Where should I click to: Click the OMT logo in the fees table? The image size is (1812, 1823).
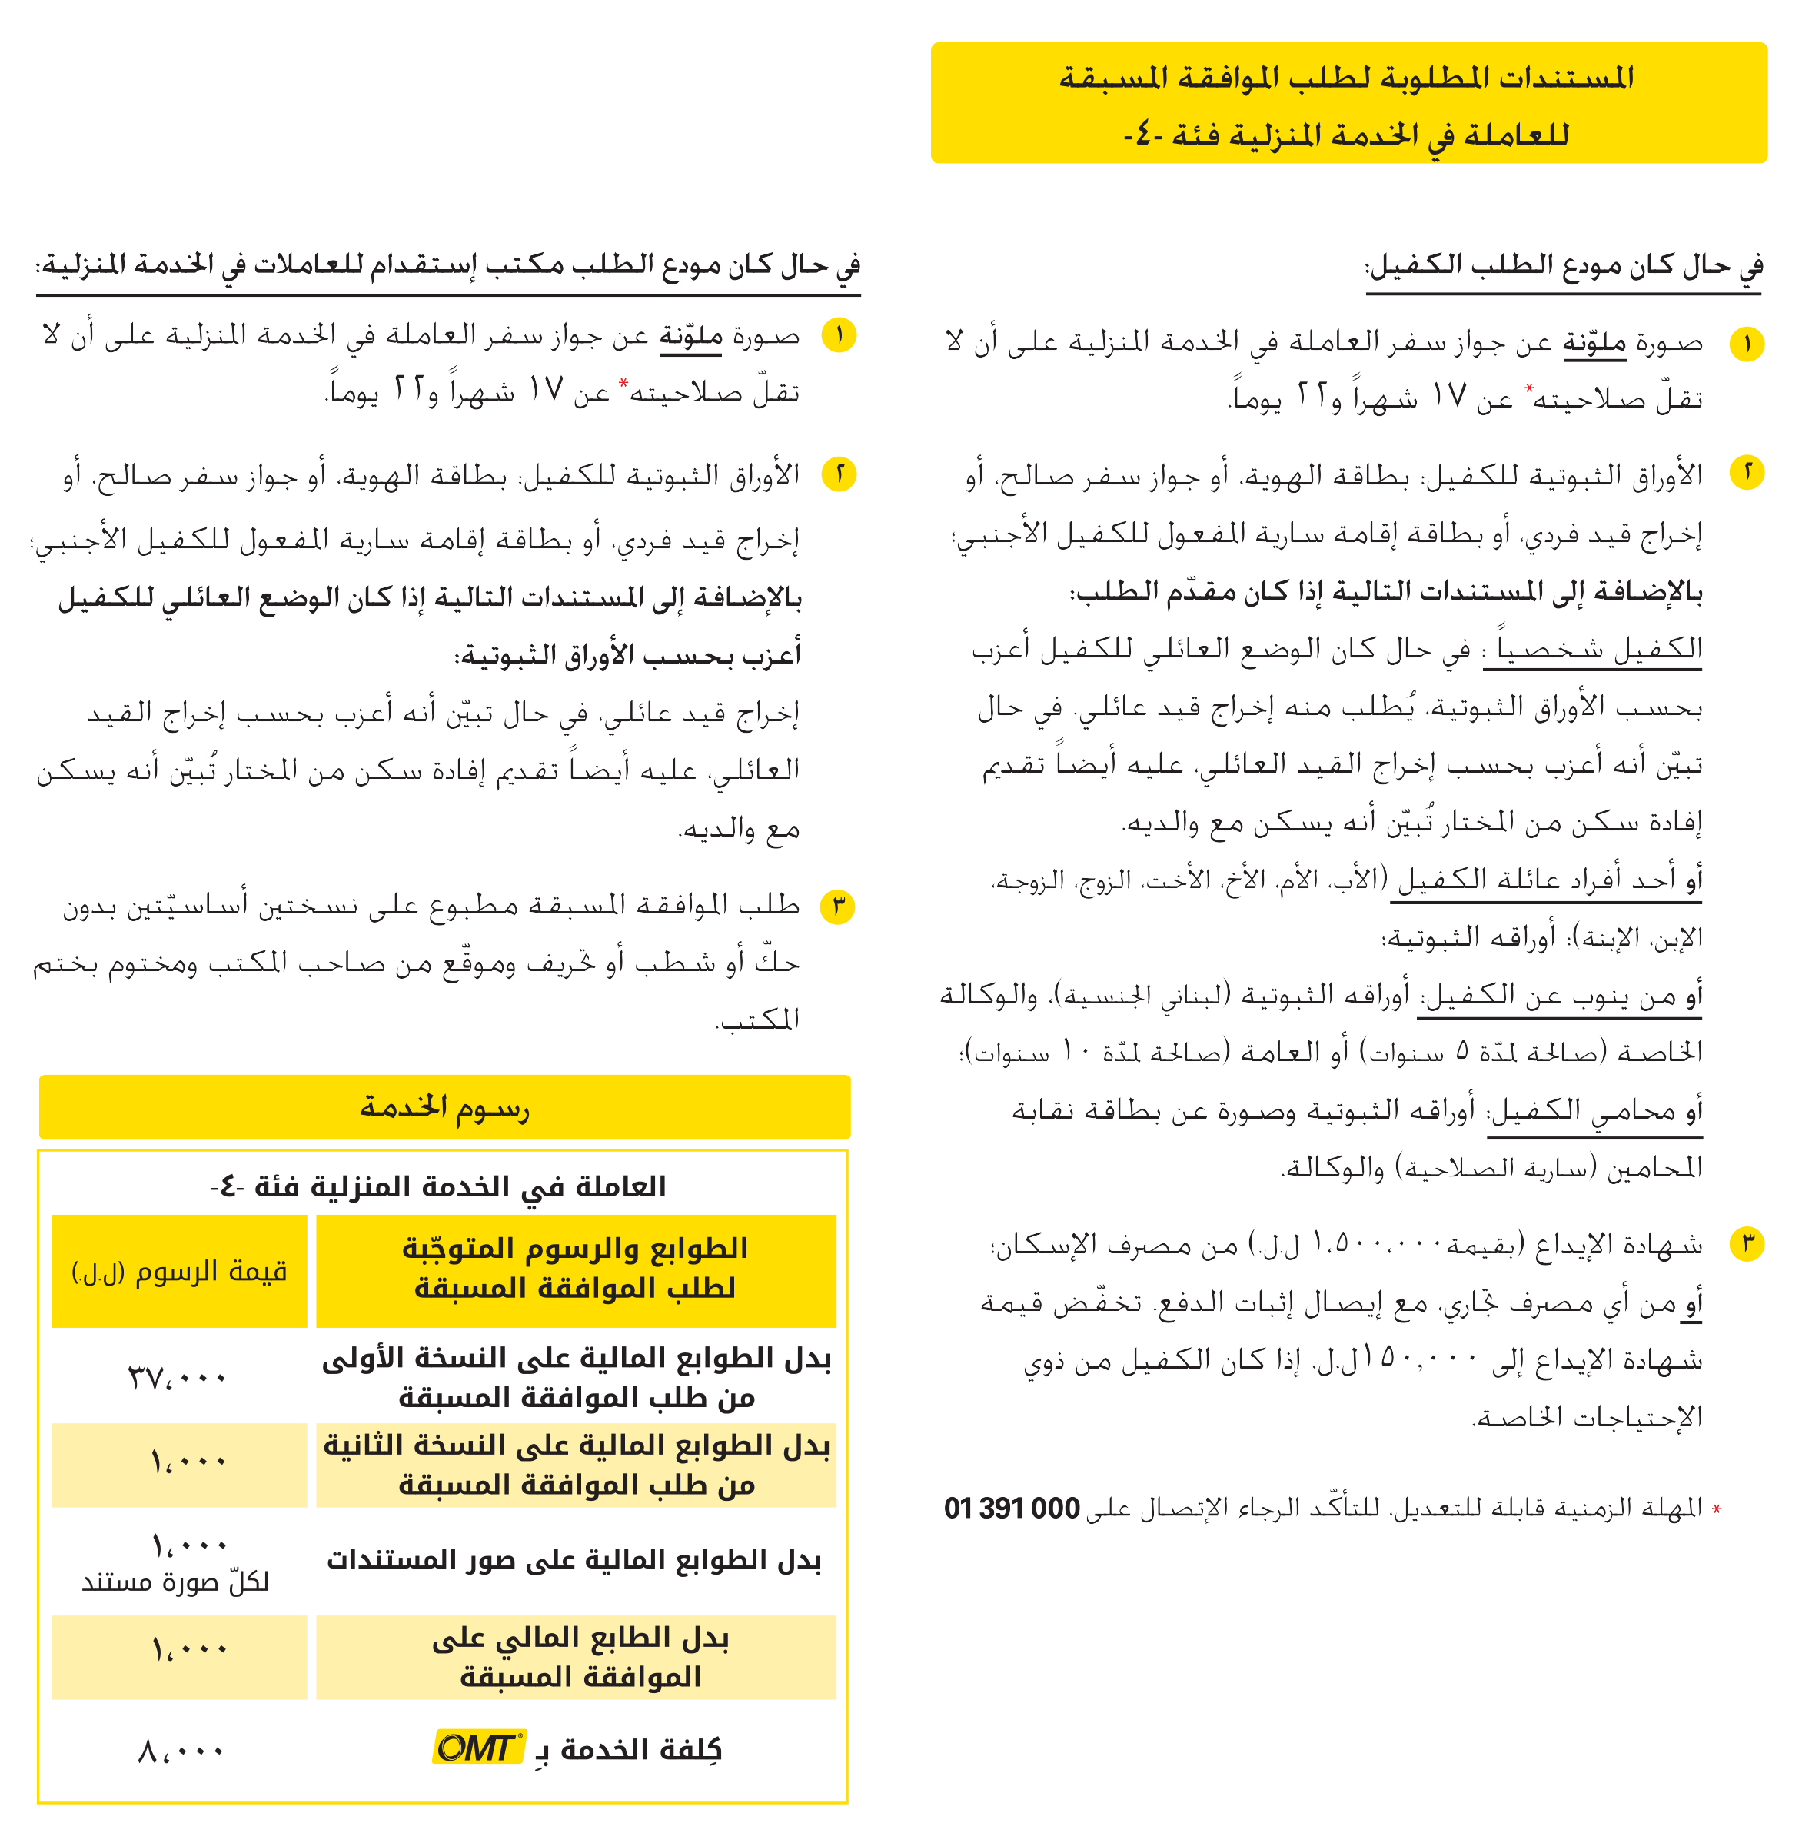478,1747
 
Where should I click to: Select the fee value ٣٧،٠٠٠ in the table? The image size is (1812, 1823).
178,1378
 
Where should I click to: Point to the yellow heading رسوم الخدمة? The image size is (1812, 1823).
444,1107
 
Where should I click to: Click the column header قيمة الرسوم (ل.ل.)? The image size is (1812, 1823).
179,1272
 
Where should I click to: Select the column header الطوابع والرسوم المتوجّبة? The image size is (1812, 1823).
575,1267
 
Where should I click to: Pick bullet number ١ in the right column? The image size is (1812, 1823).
1747,344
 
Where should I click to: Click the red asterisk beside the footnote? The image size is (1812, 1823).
1717,1511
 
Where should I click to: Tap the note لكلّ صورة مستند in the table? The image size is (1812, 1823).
175,1582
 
